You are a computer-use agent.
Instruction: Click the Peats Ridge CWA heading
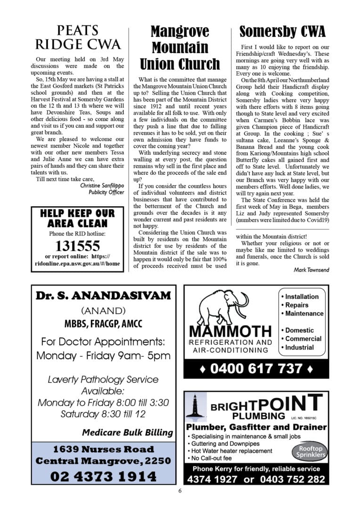tap(78, 38)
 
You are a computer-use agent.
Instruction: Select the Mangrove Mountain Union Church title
tap(180, 48)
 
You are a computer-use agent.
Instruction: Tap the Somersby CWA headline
tap(282, 32)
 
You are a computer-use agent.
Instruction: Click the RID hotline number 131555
tap(78, 246)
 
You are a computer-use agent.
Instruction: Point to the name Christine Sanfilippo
tap(102, 185)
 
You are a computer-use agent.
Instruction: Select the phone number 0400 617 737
tap(256, 368)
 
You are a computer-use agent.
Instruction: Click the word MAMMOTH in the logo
tap(230, 332)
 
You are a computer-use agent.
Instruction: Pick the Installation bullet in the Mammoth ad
tap(302, 296)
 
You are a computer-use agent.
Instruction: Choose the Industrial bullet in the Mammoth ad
tap(299, 347)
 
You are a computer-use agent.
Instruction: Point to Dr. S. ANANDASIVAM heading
tap(103, 296)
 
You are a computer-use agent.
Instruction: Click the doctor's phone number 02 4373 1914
tap(103, 476)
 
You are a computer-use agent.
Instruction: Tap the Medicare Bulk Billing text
tap(127, 432)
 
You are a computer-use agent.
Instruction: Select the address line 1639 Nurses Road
tap(103, 449)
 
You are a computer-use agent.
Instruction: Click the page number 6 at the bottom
tap(180, 491)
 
